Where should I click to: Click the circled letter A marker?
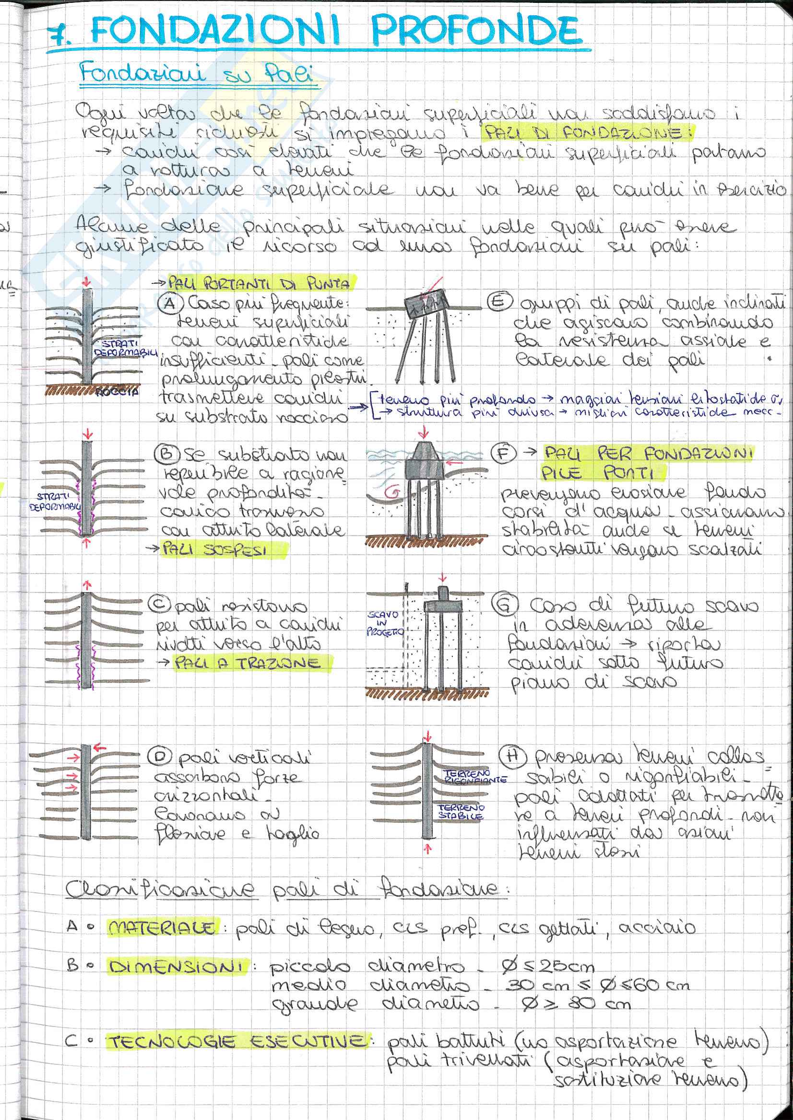tap(169, 303)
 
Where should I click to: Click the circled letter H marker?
tap(511, 756)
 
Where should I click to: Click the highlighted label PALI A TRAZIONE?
tap(247, 663)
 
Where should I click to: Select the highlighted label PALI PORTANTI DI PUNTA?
tap(259, 283)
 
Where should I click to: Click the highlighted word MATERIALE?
tap(161, 927)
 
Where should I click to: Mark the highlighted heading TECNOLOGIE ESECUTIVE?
tap(237, 1042)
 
